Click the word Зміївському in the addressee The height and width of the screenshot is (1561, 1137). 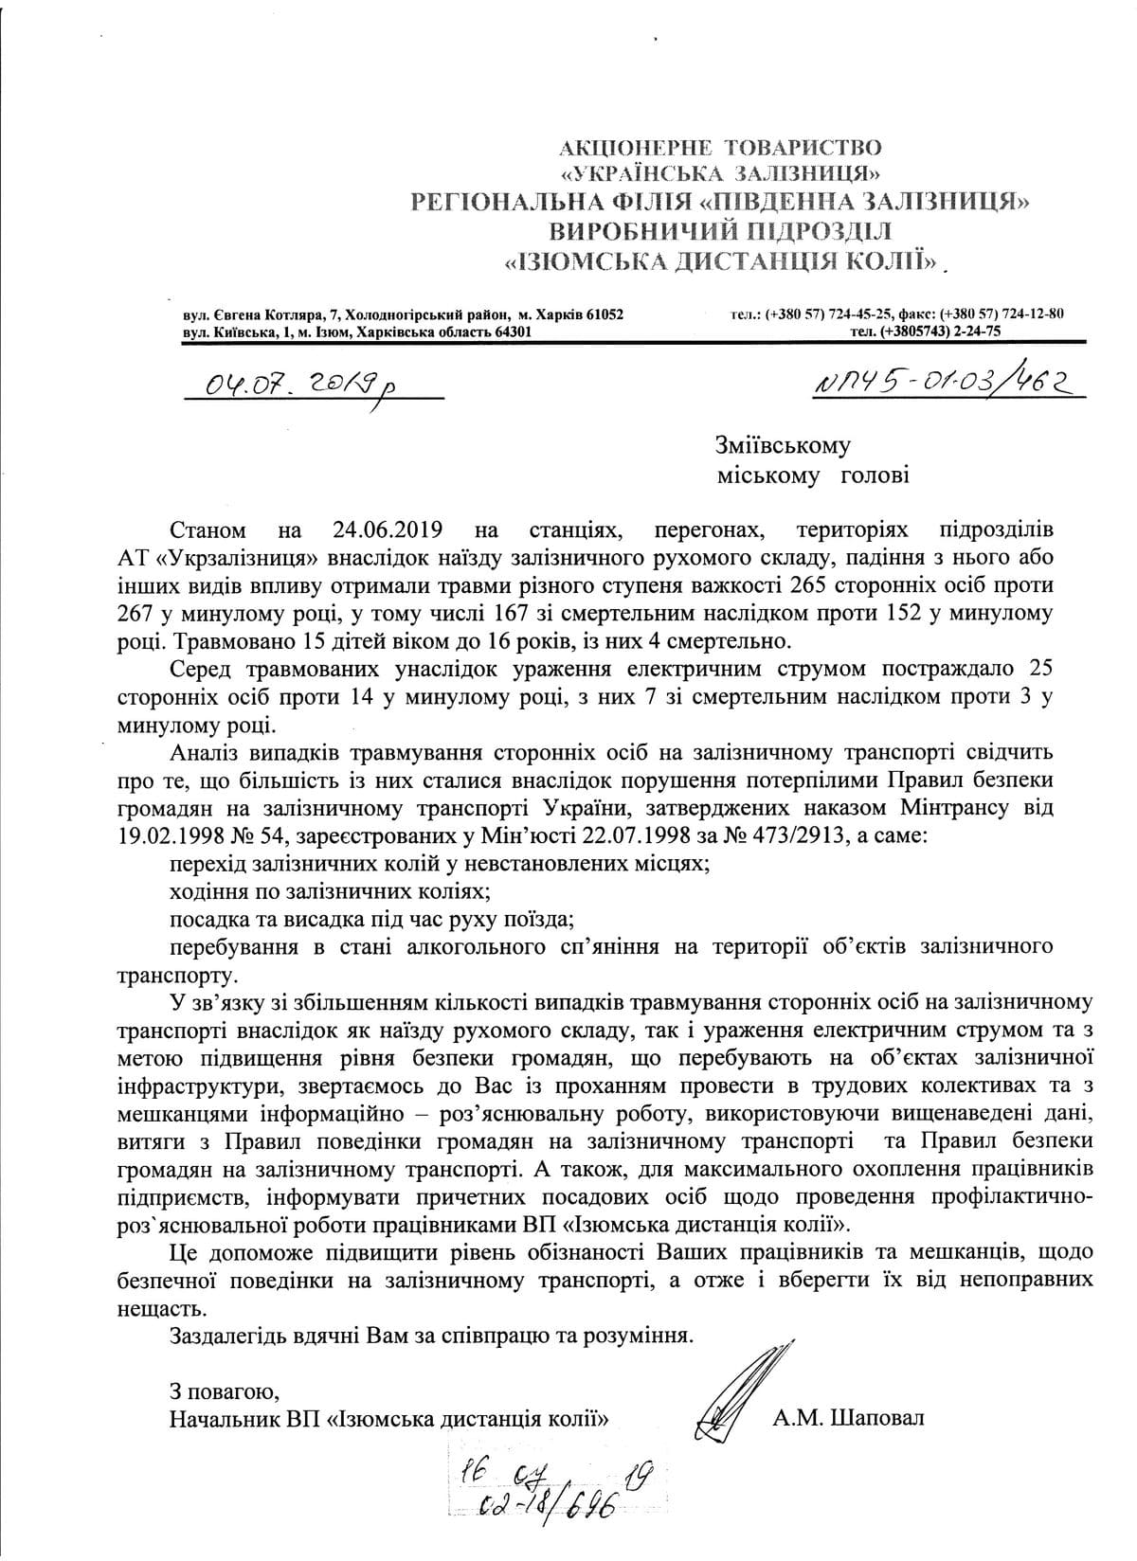coord(784,444)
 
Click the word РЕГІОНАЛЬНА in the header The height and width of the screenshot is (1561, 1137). coord(495,201)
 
